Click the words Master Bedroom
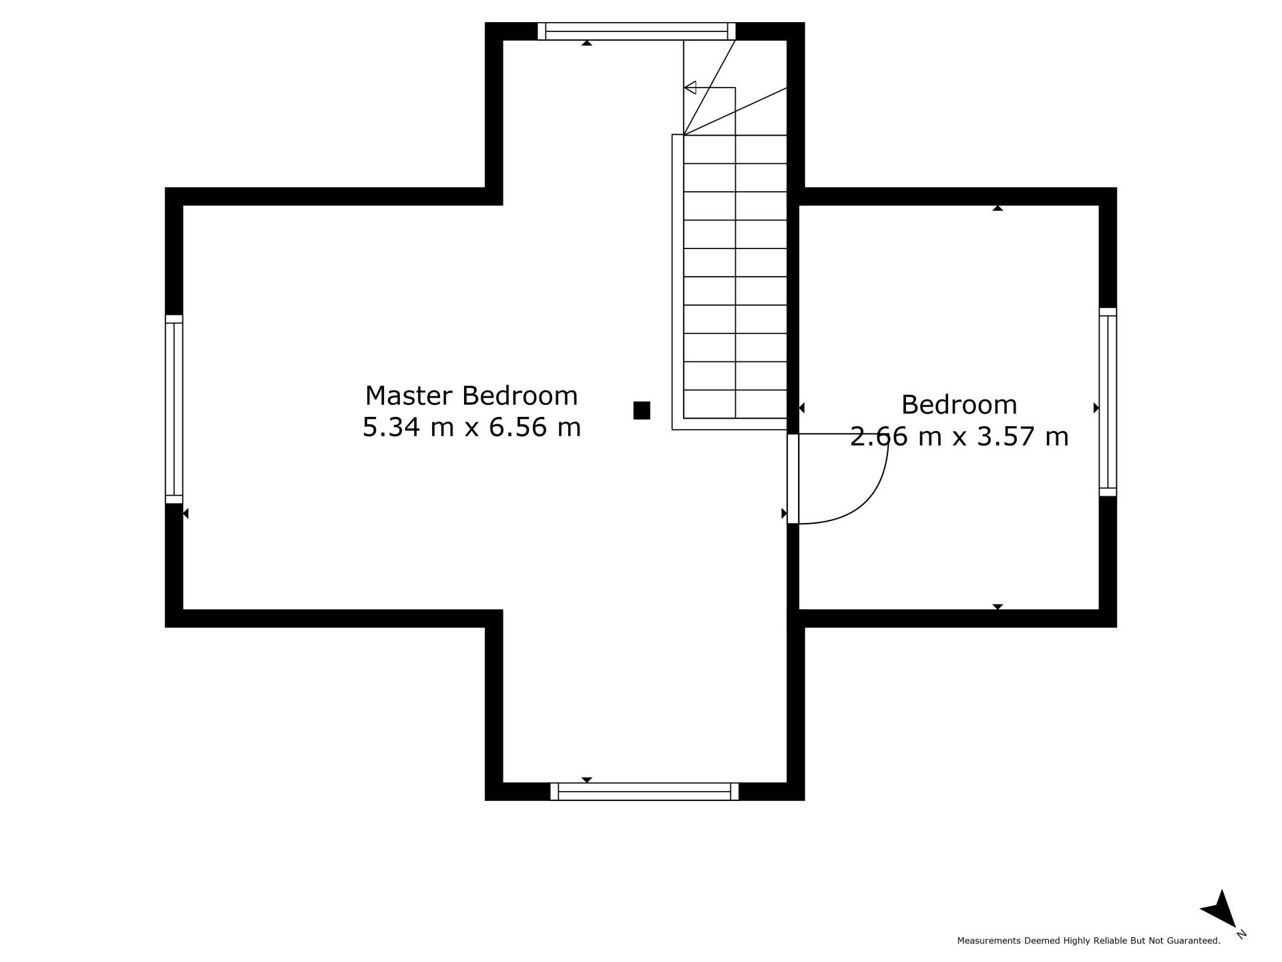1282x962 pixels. pos(471,396)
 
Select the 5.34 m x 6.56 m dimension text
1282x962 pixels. pos(471,428)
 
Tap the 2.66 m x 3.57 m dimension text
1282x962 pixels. pos(959,437)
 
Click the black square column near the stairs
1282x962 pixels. pos(642,410)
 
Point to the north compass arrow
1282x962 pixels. pos(1220,910)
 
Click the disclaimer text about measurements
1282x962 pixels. pos(1088,941)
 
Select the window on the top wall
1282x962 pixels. pos(636,31)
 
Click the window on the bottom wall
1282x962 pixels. pos(644,792)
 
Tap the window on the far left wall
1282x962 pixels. pos(174,409)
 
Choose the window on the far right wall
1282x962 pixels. pos(1108,402)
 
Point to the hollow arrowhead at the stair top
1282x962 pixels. pos(690,88)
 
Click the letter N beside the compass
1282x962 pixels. pos(1241,934)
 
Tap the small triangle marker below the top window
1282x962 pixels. pos(587,43)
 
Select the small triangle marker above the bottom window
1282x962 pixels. pos(587,780)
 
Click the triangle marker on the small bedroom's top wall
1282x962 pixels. pos(998,208)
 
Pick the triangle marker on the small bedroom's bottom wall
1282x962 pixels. pos(998,607)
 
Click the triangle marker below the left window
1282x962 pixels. pos(186,513)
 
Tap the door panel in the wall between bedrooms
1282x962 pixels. pos(793,479)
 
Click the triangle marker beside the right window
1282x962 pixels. pos(1096,408)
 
